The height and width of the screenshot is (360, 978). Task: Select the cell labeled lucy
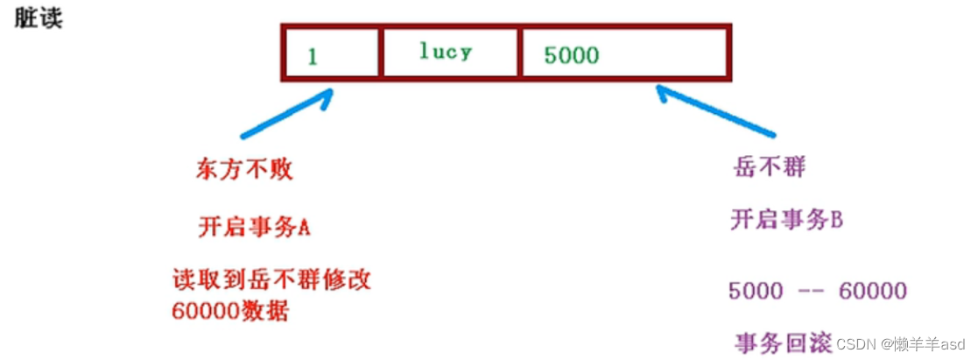point(450,53)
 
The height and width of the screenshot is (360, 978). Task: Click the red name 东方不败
point(244,170)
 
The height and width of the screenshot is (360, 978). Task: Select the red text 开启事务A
point(255,227)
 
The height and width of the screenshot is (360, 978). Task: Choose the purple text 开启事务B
point(786,220)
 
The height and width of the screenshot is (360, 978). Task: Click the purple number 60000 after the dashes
point(872,291)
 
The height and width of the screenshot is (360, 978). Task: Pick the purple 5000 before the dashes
point(756,291)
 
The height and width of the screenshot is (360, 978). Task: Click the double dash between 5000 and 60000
point(812,291)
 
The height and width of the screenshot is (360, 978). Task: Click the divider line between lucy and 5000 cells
point(520,53)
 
